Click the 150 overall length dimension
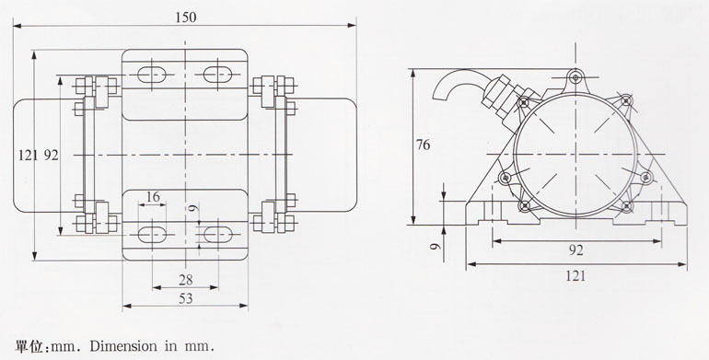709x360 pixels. [x=186, y=17]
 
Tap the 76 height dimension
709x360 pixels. [x=424, y=145]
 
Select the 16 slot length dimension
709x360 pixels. [x=153, y=197]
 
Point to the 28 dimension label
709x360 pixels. [x=185, y=280]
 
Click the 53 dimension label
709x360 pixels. [x=185, y=298]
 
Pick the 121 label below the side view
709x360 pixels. [x=575, y=275]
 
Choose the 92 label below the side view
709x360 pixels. [x=575, y=250]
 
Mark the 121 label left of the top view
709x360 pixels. [x=29, y=156]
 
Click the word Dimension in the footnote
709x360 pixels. [x=123, y=346]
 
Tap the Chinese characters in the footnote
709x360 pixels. [x=29, y=346]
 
